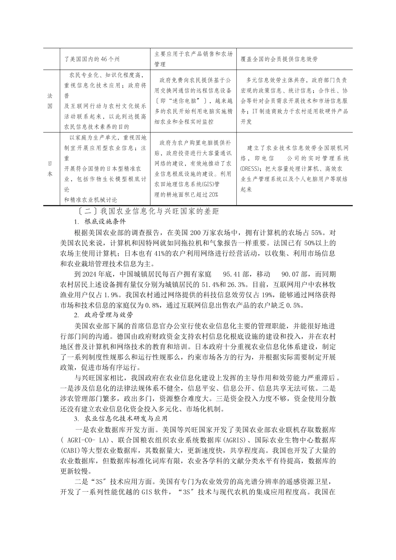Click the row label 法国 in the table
[x=50, y=100]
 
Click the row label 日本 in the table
[x=50, y=168]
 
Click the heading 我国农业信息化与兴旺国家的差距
[x=148, y=212]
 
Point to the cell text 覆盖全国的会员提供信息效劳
[x=279, y=59]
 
